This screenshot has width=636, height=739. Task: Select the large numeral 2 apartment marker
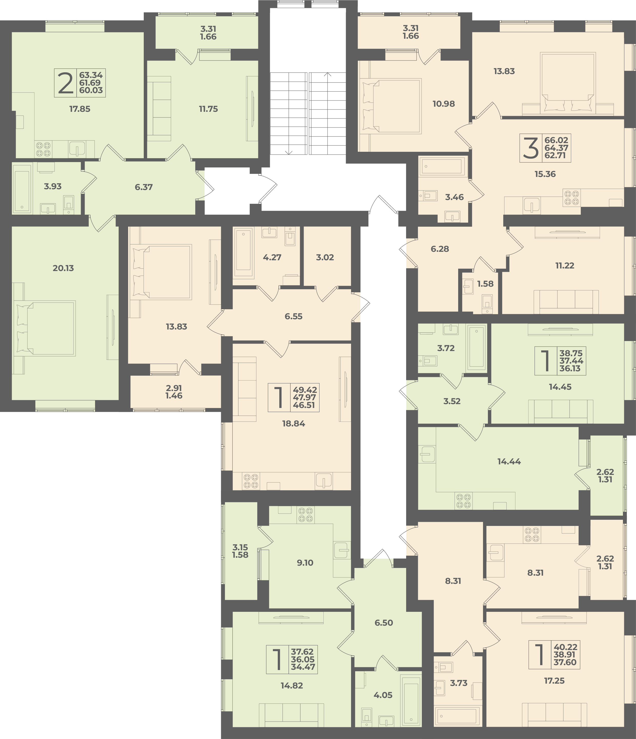(x=66, y=83)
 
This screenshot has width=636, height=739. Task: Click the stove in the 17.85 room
(x=43, y=149)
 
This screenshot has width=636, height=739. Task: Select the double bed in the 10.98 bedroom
(x=391, y=106)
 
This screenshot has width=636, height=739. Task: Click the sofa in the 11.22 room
(x=566, y=302)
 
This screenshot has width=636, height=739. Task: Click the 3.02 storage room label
(x=325, y=257)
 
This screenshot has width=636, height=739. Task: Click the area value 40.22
(x=566, y=647)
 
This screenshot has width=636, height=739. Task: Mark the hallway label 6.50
(x=384, y=623)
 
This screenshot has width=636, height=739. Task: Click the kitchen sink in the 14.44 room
(x=427, y=454)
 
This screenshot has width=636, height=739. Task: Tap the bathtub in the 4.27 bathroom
(x=243, y=253)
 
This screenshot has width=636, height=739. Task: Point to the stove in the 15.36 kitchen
(x=571, y=198)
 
